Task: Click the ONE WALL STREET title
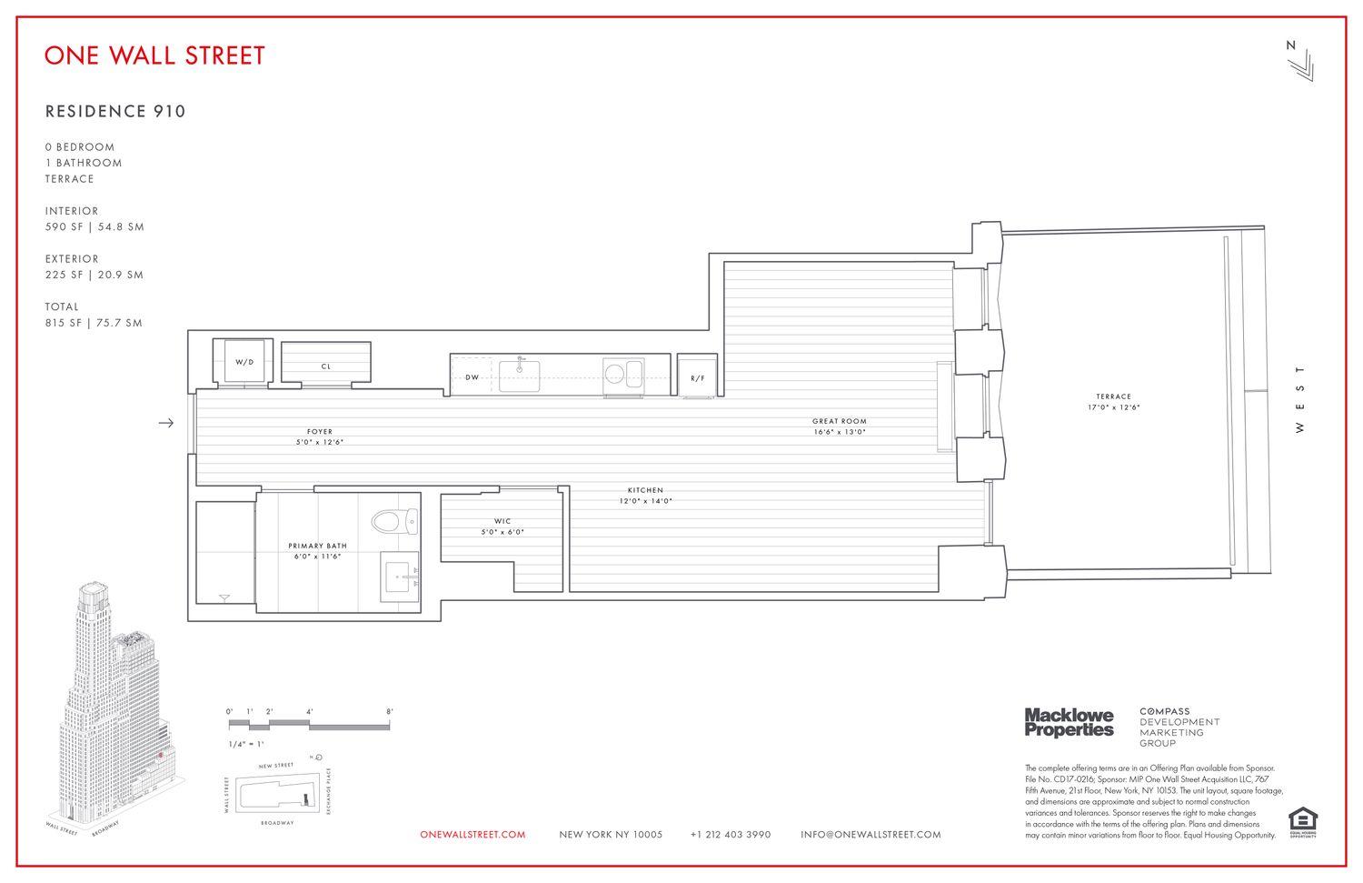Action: tap(154, 55)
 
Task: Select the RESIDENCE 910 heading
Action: tap(115, 112)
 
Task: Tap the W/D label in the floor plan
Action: tap(244, 362)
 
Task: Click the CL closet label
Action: tap(326, 367)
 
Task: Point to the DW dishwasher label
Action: tap(473, 376)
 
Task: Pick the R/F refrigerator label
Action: tap(698, 378)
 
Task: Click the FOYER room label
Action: tap(319, 432)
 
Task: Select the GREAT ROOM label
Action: tap(839, 421)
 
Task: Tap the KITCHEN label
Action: tap(645, 490)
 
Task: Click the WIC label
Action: tap(502, 521)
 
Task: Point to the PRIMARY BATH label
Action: tap(317, 546)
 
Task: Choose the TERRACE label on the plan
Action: tap(1113, 396)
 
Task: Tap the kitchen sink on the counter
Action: tap(520, 375)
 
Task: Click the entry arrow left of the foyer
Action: tap(165, 423)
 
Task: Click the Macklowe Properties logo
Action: tap(1069, 722)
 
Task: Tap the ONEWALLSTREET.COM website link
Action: tap(473, 835)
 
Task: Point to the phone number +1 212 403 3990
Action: tap(730, 835)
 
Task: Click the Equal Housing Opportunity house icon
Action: tap(1301, 818)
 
